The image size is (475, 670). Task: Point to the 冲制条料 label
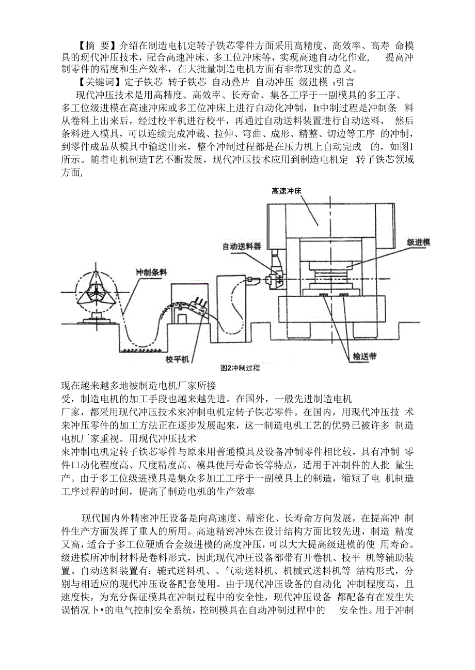click(x=152, y=272)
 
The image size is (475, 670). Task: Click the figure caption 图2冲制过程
click(x=240, y=369)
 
